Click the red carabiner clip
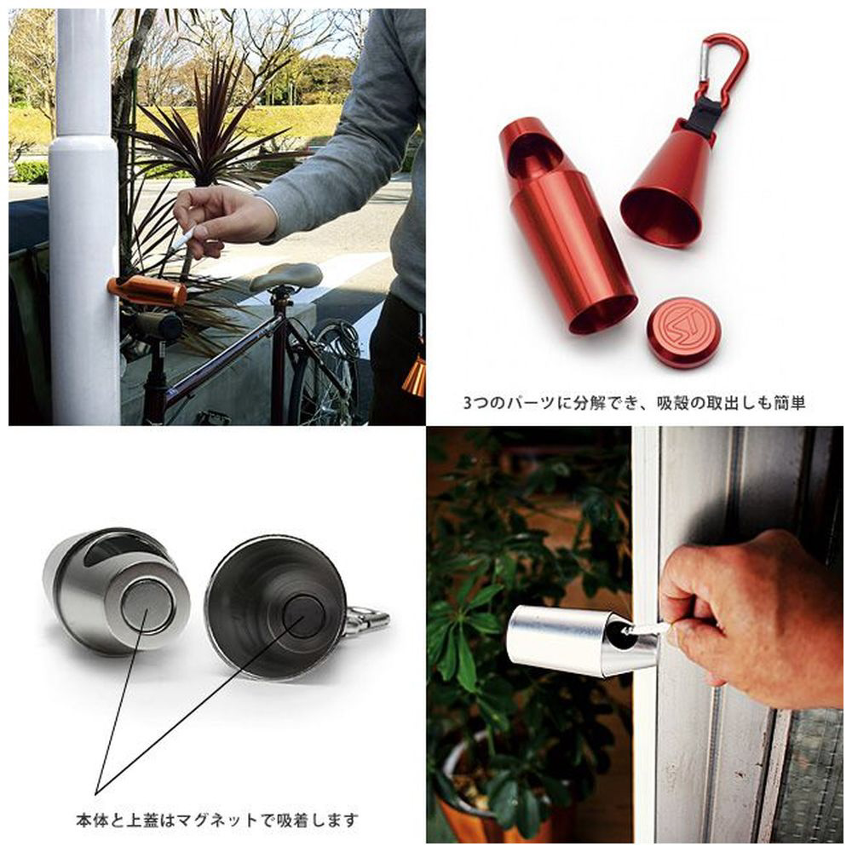point(734,60)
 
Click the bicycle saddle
point(285,276)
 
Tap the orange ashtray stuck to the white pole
point(147,291)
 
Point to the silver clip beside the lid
point(367,621)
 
